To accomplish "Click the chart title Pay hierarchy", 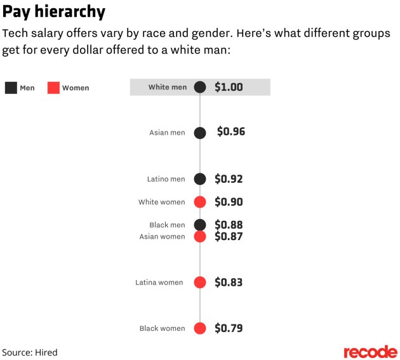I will pyautogui.click(x=53, y=11).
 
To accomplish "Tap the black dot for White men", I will pyautogui.click(x=200, y=87).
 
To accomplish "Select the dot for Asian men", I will pyautogui.click(x=200, y=133).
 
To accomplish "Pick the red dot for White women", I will pyautogui.click(x=200, y=202).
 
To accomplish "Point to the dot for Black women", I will pyautogui.click(x=200, y=328).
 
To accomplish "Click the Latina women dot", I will pyautogui.click(x=200, y=283).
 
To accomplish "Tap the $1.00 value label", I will pyautogui.click(x=229, y=87).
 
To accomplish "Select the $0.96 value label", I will pyautogui.click(x=230, y=132).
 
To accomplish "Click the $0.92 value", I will pyautogui.click(x=229, y=179).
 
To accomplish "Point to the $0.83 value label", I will pyautogui.click(x=229, y=283).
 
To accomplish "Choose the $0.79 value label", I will pyautogui.click(x=229, y=328).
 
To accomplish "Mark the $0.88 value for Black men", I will pyautogui.click(x=229, y=224).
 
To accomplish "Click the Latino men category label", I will pyautogui.click(x=167, y=179).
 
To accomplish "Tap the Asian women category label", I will pyautogui.click(x=163, y=237).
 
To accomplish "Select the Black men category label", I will pyautogui.click(x=167, y=225).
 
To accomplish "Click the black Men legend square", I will pyautogui.click(x=10, y=88).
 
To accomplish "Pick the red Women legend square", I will pyautogui.click(x=53, y=88).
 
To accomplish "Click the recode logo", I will pyautogui.click(x=370, y=352).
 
